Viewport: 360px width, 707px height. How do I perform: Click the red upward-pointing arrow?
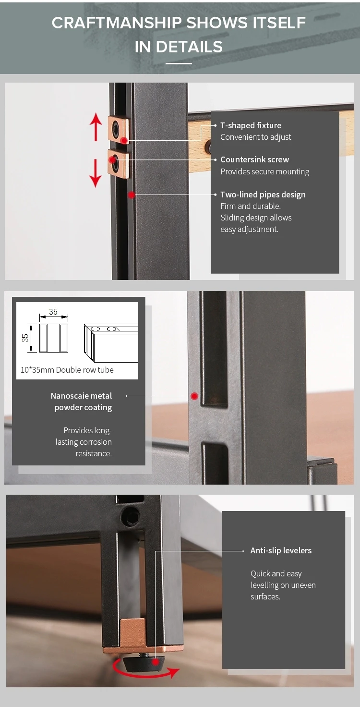96,127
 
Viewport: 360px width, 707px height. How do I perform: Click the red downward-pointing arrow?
96,173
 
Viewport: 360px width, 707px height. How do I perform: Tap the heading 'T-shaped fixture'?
251,125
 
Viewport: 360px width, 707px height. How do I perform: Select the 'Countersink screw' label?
254,159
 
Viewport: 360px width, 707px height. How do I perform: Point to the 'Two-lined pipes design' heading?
263,195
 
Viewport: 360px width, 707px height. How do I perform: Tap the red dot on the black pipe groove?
131,195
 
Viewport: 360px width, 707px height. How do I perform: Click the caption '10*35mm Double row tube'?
67,370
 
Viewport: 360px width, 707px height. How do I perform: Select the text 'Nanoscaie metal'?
82,396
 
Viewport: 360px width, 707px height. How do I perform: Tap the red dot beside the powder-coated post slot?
194,396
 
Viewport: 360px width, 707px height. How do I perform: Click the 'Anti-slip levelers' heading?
281,550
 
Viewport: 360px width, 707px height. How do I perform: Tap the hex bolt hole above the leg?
130,517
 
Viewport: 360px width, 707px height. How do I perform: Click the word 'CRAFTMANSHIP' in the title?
117,23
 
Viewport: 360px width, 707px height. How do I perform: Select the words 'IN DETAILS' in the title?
179,47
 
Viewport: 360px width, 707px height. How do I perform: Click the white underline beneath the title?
179,63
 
